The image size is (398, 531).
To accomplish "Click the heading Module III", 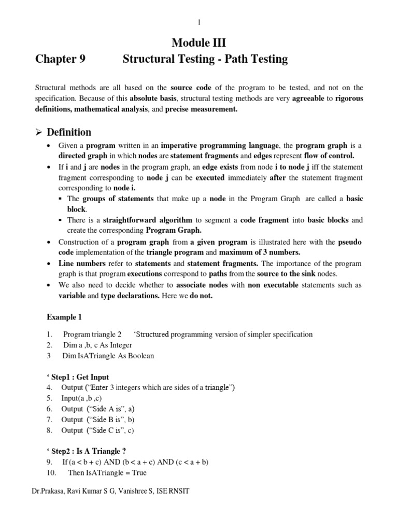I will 199,41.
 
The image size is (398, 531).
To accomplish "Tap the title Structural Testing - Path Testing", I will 205,59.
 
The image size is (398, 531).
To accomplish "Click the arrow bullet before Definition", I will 39,132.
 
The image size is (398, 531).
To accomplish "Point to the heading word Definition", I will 69,132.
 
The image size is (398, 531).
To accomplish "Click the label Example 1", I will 64,317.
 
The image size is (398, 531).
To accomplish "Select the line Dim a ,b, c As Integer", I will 97,345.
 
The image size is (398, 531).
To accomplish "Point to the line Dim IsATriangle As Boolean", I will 108,356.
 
